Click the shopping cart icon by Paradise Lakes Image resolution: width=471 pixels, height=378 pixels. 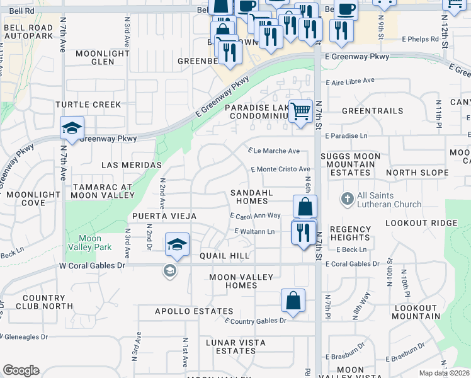click(x=301, y=112)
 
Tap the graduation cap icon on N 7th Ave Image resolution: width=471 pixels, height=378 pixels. click(x=72, y=129)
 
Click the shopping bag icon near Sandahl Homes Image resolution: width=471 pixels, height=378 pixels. click(x=305, y=207)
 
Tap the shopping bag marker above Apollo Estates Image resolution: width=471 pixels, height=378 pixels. click(x=293, y=301)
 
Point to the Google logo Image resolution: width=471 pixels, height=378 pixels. click(x=21, y=370)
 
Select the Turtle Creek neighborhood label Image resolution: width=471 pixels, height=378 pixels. click(x=88, y=104)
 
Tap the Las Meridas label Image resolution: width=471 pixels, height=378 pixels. click(x=132, y=165)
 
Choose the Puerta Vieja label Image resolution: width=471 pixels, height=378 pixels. click(x=164, y=216)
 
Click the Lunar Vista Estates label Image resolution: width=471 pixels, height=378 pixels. click(x=235, y=346)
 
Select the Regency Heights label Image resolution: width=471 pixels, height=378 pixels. click(x=349, y=233)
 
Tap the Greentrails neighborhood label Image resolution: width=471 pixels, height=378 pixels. click(x=372, y=111)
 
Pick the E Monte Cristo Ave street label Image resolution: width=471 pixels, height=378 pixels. click(x=281, y=169)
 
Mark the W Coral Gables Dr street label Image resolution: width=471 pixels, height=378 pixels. click(x=93, y=265)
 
